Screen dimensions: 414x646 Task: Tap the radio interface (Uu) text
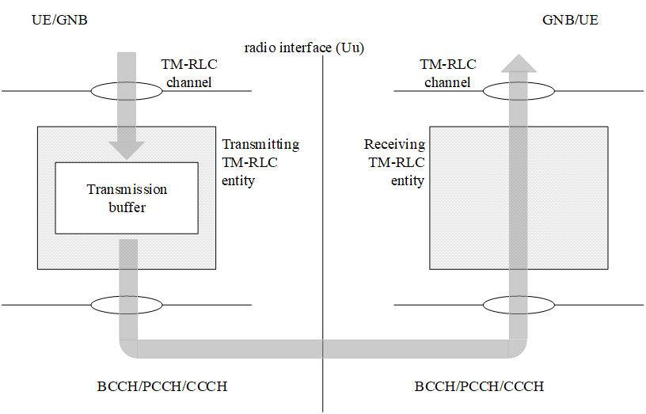[303, 47]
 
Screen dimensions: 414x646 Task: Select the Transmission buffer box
[127, 198]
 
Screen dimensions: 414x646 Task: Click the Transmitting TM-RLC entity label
[260, 162]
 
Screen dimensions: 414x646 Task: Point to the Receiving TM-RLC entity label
[394, 162]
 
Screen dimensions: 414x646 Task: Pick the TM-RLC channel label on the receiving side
[448, 73]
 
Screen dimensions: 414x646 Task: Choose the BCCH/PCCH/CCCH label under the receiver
[480, 387]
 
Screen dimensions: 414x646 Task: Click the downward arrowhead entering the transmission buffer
[127, 150]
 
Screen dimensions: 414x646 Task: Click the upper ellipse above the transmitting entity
[127, 91]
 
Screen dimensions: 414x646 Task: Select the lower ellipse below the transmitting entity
[127, 305]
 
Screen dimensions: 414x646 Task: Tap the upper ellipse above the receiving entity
[518, 91]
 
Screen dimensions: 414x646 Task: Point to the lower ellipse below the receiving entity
[518, 305]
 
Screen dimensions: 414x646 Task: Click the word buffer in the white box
[127, 207]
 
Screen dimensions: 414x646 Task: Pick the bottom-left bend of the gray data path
[128, 348]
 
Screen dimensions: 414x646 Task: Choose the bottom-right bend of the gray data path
[517, 348]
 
